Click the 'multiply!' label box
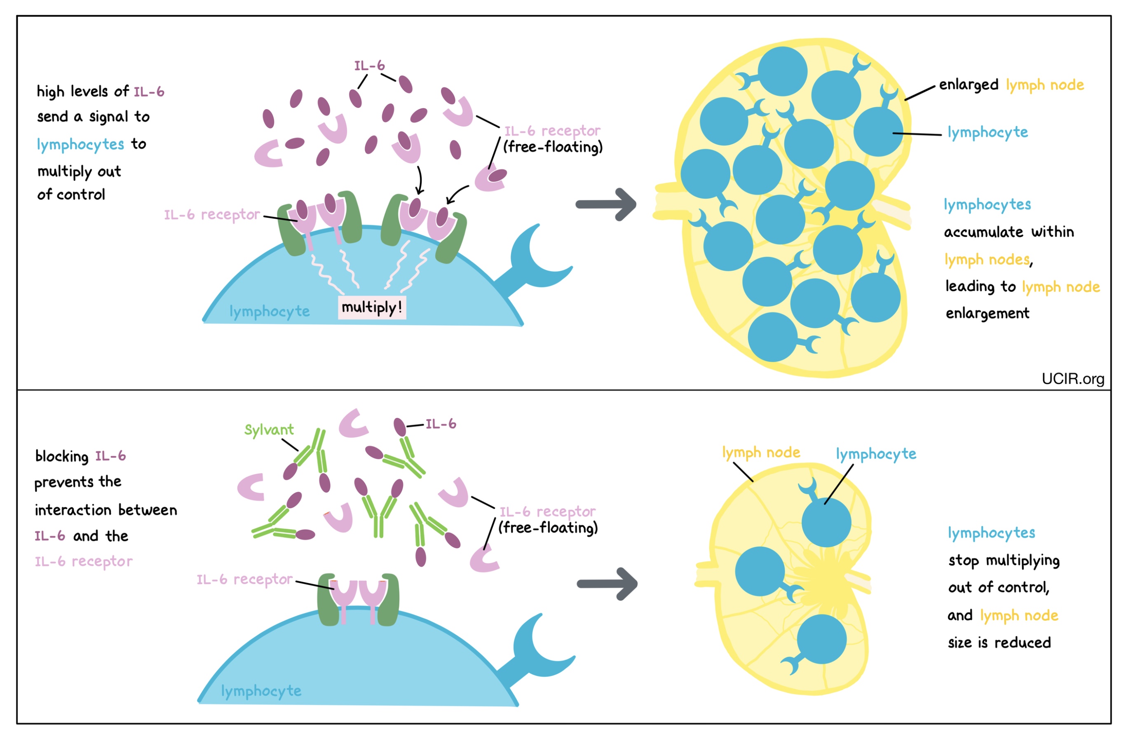click(x=372, y=307)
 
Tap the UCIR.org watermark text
click(x=1072, y=379)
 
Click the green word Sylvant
click(x=269, y=429)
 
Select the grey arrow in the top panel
click(x=606, y=204)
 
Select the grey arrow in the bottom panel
click(x=607, y=584)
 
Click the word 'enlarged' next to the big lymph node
click(x=968, y=85)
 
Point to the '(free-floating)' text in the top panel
click(x=553, y=147)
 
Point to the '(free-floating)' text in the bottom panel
click(x=548, y=528)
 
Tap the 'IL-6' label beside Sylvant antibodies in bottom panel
click(x=441, y=424)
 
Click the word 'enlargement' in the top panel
click(x=988, y=314)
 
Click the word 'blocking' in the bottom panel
click(x=62, y=457)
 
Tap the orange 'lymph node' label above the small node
click(x=761, y=453)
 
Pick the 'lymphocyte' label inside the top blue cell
click(x=270, y=311)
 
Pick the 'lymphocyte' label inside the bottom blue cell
click(x=261, y=691)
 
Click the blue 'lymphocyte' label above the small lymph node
click(x=876, y=454)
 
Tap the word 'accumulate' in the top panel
click(x=983, y=232)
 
